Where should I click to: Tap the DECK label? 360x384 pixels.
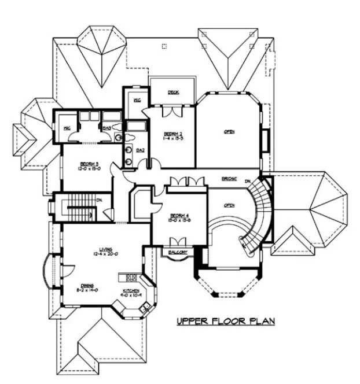172,92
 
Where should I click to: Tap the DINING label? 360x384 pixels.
87,286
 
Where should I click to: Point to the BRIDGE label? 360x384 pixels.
229,179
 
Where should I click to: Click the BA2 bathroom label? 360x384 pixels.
139,150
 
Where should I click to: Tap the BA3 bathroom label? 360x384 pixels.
106,128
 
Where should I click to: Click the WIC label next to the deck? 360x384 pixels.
137,99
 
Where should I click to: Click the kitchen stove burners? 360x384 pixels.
131,278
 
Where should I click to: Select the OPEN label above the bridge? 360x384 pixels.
229,132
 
